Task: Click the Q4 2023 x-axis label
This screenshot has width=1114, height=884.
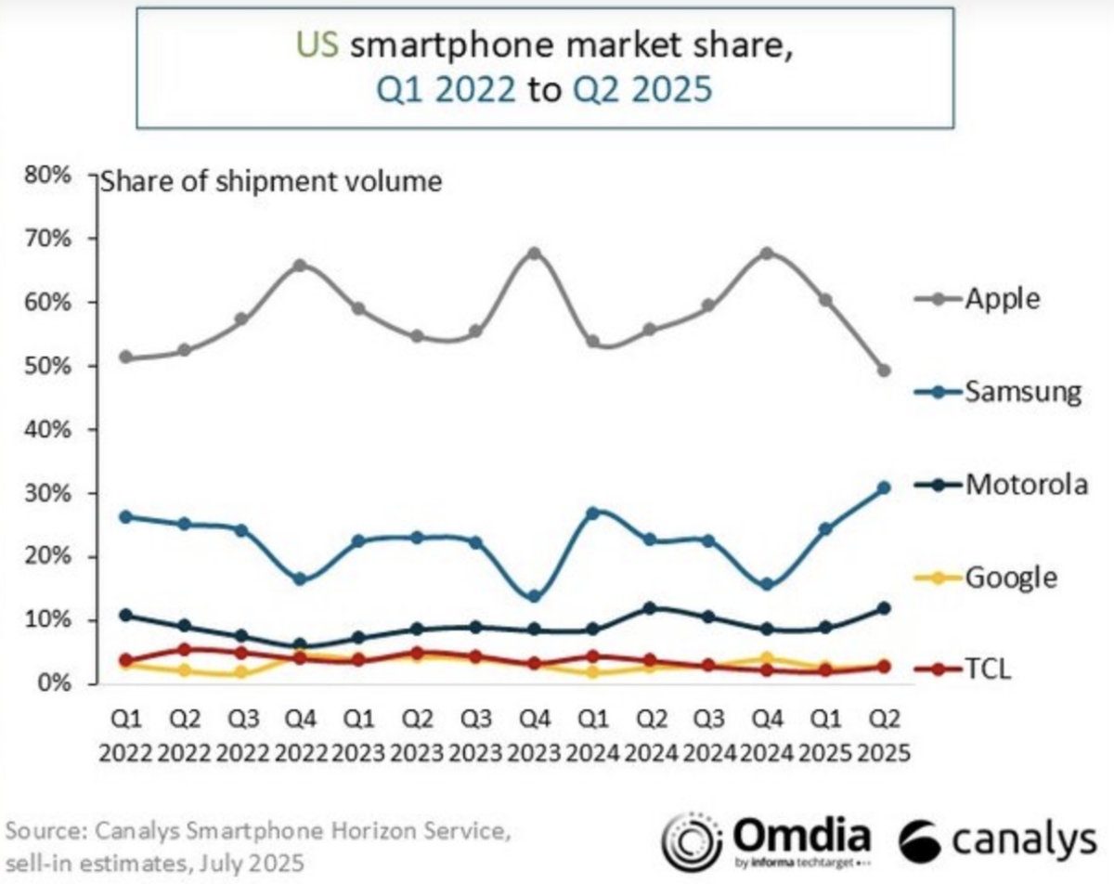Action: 534,734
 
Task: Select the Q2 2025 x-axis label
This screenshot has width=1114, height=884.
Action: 883,734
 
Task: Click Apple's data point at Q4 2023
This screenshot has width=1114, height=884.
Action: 534,253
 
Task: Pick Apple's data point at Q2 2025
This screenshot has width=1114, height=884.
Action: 884,370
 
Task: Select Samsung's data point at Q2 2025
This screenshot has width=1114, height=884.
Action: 884,487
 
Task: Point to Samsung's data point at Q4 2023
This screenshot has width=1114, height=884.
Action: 534,597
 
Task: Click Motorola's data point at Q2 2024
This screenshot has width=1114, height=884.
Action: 651,608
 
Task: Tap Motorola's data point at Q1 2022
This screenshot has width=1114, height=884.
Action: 126,615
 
